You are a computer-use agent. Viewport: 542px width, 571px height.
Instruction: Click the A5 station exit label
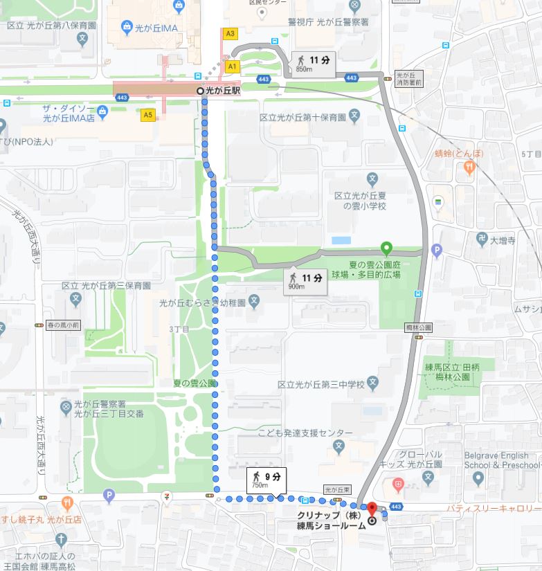coord(147,116)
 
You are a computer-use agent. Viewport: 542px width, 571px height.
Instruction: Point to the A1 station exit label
coord(233,66)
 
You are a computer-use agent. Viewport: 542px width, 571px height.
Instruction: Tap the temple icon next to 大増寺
coord(480,241)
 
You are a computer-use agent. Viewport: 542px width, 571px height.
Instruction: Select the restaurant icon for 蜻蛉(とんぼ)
coord(469,166)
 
